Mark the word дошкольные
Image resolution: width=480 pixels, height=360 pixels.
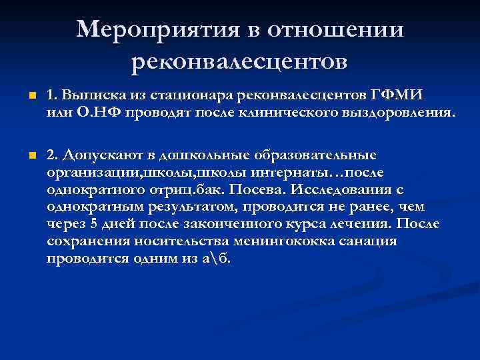[x=201, y=155]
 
